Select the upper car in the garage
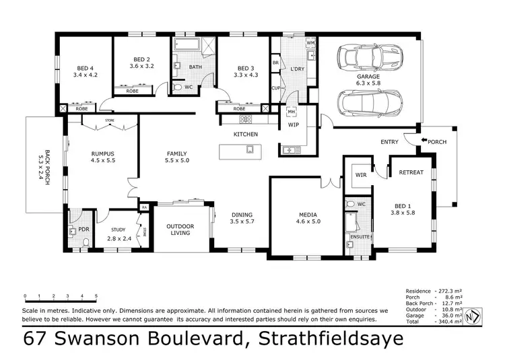coord(370,57)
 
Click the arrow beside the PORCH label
coord(424,141)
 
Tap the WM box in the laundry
coord(310,43)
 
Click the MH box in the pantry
coord(292,113)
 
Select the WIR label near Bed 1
coord(361,176)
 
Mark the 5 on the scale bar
coord(96,296)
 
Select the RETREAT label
coord(411,172)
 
